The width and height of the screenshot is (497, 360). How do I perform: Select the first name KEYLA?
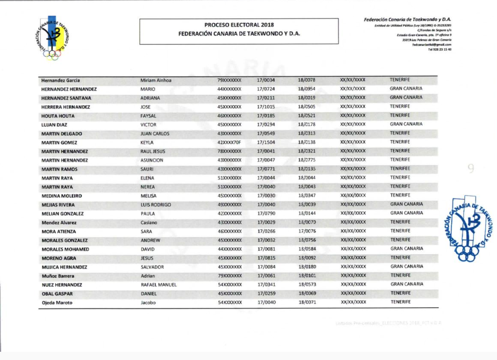pos(147,143)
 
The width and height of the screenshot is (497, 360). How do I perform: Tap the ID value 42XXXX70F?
pos(229,142)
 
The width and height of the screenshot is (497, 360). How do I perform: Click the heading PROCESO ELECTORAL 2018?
pos(239,25)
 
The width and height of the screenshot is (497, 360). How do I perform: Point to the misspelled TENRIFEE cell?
pos(400,168)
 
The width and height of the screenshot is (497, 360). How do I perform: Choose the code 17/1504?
pos(266,142)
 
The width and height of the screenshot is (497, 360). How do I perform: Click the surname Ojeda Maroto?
pos(57,303)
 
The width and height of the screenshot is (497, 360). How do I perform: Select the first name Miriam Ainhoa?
pos(156,80)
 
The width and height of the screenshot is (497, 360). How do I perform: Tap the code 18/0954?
pos(306,89)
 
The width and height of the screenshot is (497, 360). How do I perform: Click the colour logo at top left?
pos(52,38)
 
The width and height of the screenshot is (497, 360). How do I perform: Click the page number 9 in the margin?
pos(471,168)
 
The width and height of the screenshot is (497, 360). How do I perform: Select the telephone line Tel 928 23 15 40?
pos(439,49)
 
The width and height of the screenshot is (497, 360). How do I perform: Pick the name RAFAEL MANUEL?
pos(158,285)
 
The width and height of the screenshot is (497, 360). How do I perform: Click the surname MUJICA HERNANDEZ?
pos(64,267)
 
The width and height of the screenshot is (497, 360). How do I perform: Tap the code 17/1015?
pos(266,107)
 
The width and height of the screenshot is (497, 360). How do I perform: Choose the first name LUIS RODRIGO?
pos(155,205)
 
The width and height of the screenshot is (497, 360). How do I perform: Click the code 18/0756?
pos(307,240)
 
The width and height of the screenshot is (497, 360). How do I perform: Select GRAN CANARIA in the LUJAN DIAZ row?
pos(406,124)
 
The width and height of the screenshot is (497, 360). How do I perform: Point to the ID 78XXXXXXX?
pos(229,151)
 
